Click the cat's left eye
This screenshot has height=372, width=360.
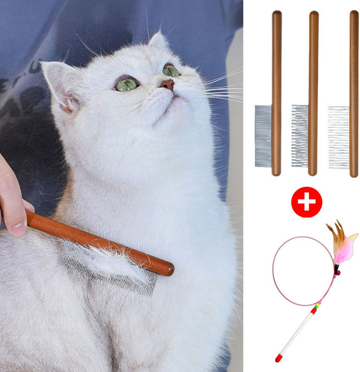[126, 84]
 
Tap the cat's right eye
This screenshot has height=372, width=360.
[171, 70]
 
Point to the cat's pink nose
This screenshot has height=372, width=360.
[168, 85]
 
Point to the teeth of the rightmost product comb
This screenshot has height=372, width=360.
[339, 136]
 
